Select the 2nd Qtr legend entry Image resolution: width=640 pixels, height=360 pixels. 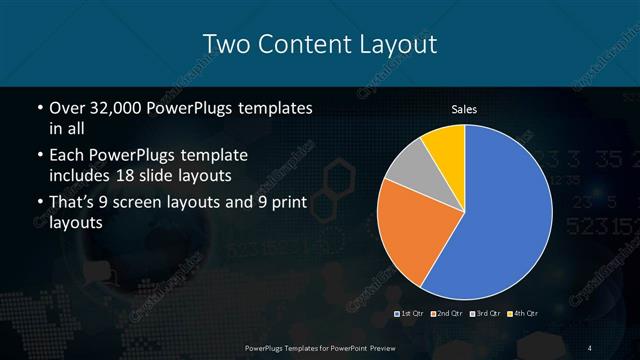coord(446,315)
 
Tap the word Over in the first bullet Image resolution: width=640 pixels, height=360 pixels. coord(67,107)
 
